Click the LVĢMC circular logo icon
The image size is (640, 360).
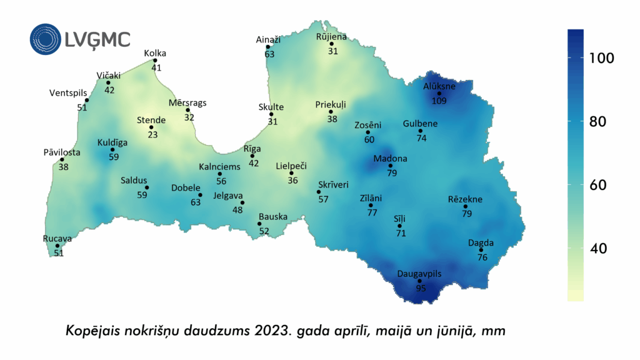pos(46,39)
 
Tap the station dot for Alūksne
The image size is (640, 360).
pos(439,94)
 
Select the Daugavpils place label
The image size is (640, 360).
pos(419,274)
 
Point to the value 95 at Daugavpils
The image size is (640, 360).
pos(421,288)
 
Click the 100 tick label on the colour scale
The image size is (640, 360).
pos(602,58)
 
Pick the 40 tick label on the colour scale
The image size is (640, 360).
pos(599,249)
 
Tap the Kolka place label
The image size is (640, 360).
pos(155,53)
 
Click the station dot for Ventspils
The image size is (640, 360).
pos(87,100)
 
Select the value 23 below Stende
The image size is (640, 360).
pos(152,134)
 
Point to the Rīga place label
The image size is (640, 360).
pos(252,149)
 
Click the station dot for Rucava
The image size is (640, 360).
pos(57,246)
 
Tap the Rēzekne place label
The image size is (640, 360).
pos(465,199)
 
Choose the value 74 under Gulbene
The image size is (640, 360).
pos(421,138)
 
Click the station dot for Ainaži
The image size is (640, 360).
pos(267,47)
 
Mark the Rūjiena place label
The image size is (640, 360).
pos(331,37)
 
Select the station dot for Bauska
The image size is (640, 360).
pos(259,224)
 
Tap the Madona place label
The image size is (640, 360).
pos(390,159)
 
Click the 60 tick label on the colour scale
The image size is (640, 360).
pos(599,185)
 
